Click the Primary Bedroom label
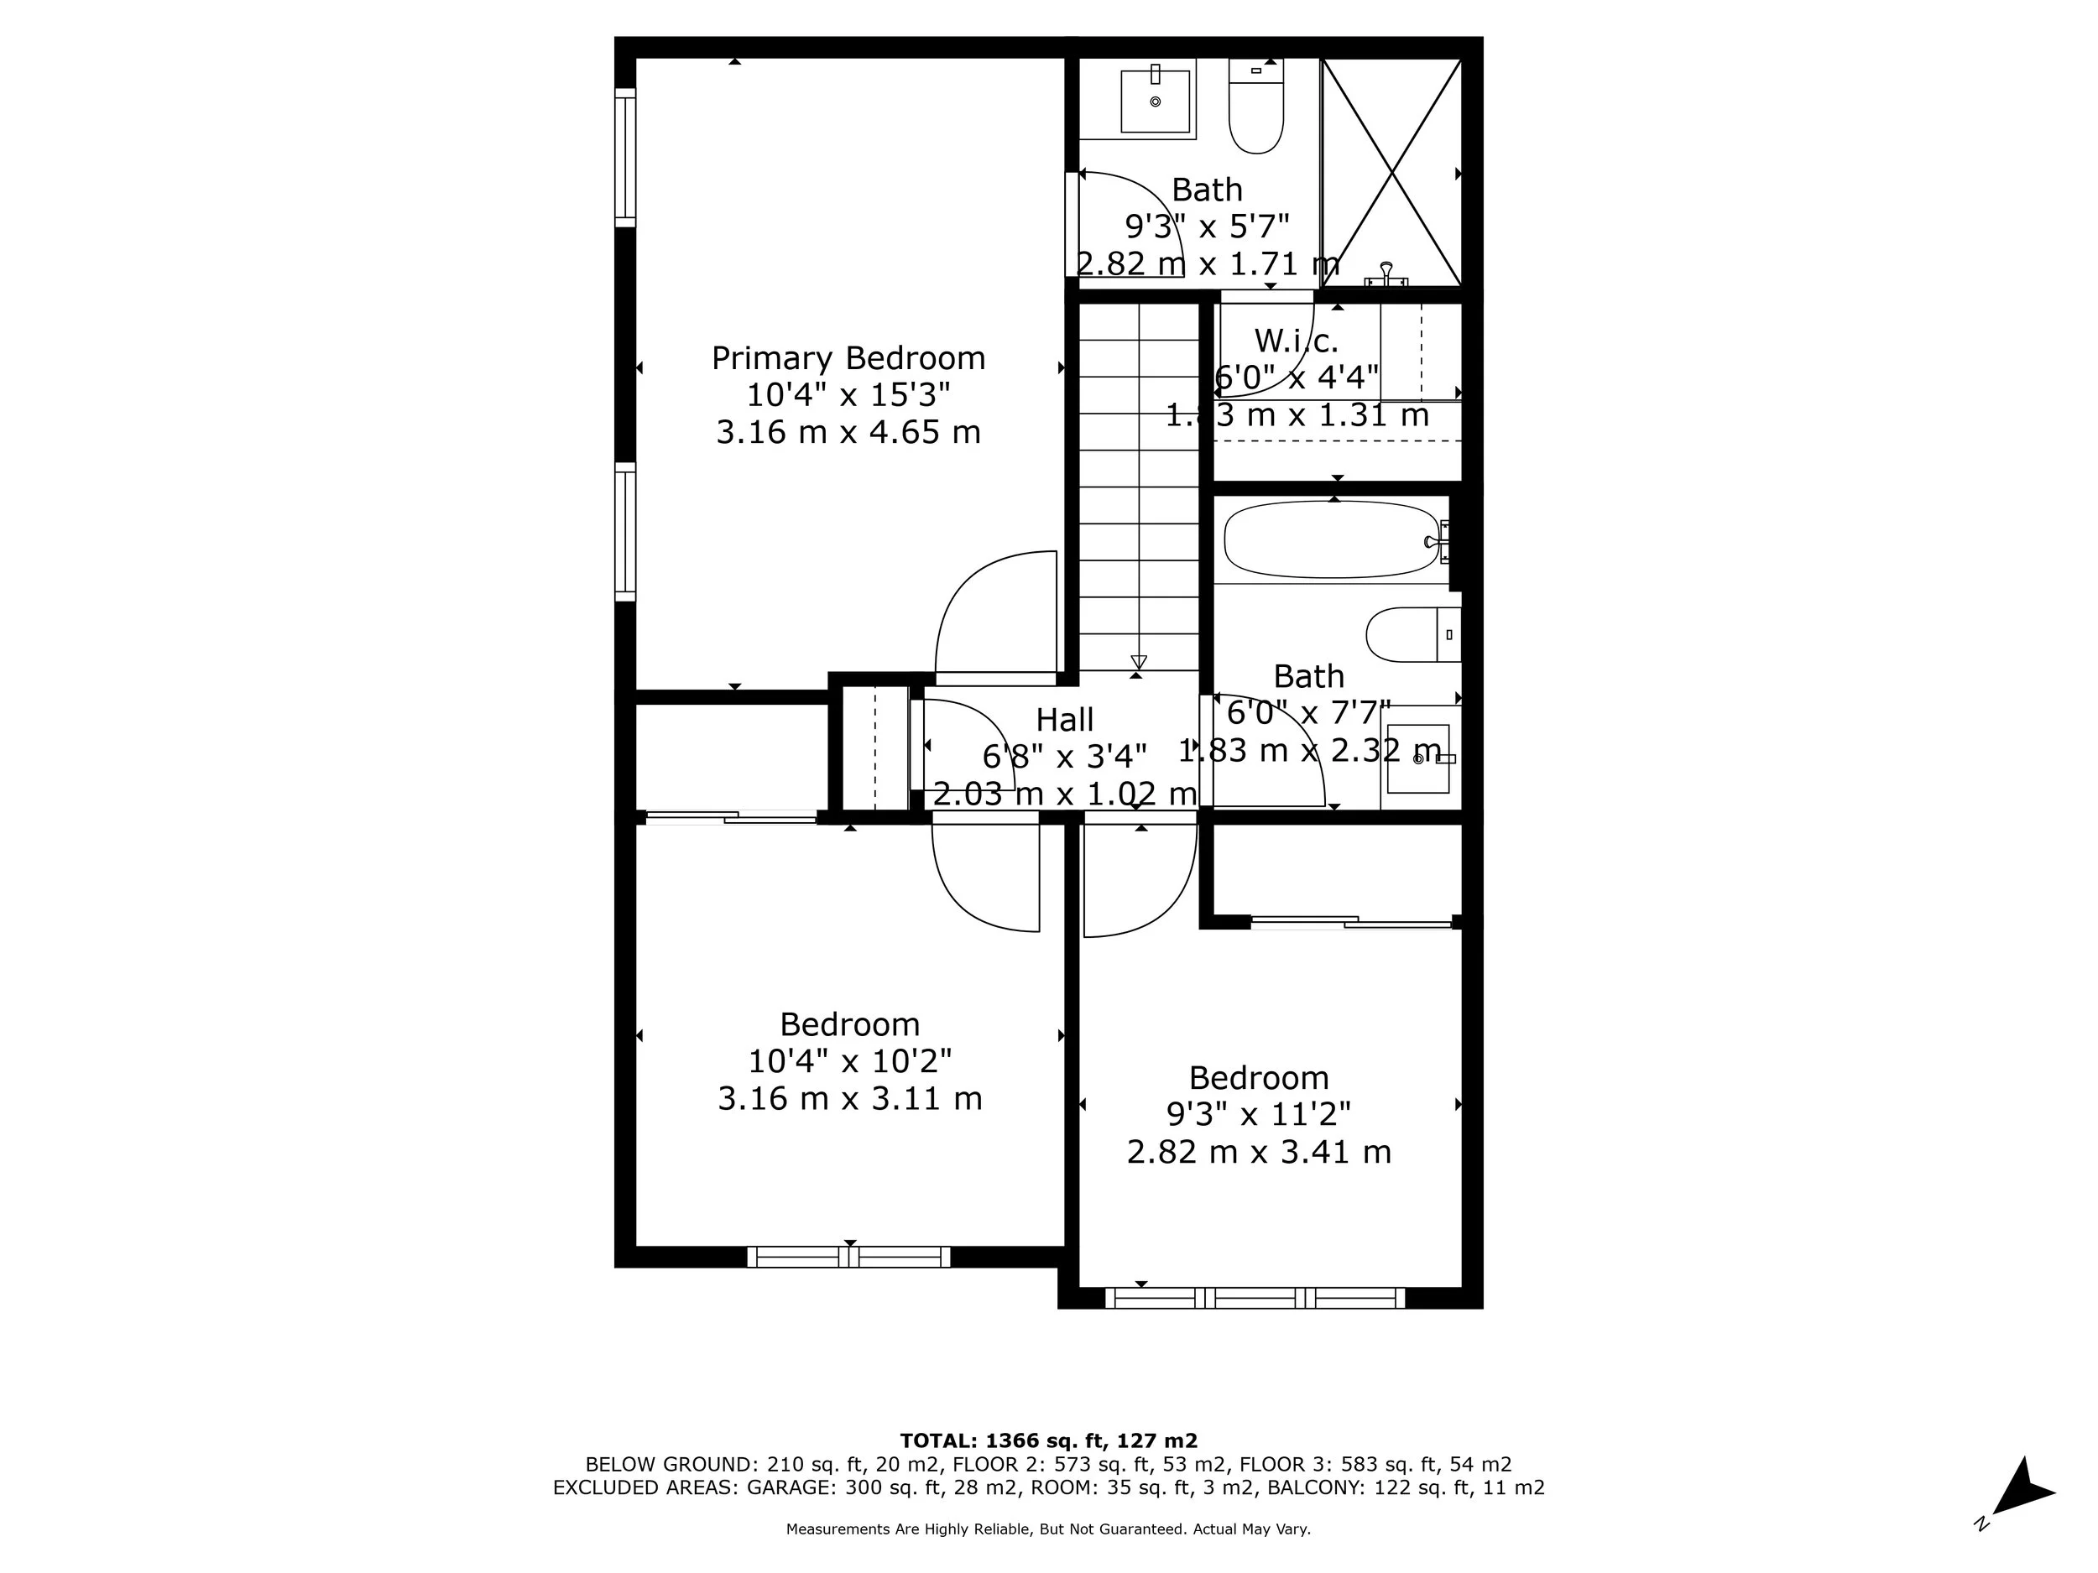(848, 358)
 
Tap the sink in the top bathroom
(1156, 99)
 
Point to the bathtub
(1331, 539)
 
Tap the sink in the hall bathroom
(1419, 758)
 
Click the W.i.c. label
(1296, 341)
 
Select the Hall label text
(1064, 720)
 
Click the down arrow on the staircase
(1139, 661)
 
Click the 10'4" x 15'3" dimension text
(848, 394)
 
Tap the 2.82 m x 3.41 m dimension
(1259, 1152)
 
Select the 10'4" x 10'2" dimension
(850, 1060)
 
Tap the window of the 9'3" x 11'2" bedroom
(1255, 1298)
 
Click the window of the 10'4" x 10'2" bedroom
(849, 1258)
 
